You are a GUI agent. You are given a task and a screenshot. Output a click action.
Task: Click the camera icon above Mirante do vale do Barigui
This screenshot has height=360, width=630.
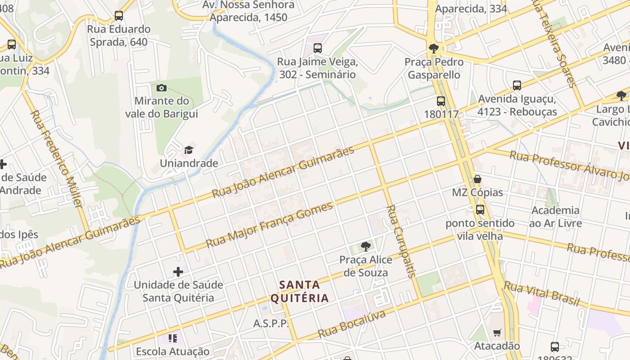tap(162, 88)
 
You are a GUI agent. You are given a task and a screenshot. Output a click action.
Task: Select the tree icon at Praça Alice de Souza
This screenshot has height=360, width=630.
tap(366, 246)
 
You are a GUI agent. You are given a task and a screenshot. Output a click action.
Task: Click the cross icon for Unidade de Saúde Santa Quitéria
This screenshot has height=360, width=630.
tap(178, 272)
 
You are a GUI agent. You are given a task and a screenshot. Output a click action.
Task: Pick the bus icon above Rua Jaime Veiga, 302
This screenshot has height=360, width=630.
tap(318, 48)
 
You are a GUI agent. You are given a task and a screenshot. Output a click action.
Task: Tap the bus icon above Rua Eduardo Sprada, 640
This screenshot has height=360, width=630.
tap(119, 16)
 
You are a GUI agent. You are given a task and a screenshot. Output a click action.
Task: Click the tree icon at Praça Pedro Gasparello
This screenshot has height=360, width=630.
tap(434, 49)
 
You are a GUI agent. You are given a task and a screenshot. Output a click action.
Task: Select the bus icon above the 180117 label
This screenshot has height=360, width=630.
tap(441, 101)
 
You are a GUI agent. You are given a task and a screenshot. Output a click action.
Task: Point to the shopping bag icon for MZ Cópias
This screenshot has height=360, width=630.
tap(477, 179)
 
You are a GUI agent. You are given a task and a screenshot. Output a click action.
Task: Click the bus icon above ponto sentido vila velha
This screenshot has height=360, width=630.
tap(480, 210)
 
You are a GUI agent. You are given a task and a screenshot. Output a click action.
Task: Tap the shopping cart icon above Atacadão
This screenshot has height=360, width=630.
tap(497, 333)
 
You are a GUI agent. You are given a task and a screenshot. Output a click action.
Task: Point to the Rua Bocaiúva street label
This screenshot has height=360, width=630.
tap(352, 324)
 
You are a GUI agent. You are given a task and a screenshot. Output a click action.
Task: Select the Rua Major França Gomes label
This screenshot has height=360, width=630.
tap(270, 225)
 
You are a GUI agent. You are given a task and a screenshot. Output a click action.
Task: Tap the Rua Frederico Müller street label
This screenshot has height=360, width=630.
tap(56, 158)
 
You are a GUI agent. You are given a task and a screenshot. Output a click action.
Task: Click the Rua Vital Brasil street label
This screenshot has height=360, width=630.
tap(541, 293)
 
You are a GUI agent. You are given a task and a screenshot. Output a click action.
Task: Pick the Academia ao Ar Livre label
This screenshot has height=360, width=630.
tap(556, 216)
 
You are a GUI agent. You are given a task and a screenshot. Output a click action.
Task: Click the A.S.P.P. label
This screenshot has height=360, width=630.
tap(271, 324)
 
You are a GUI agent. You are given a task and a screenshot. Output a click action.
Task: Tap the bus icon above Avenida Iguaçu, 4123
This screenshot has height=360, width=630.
tap(517, 85)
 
